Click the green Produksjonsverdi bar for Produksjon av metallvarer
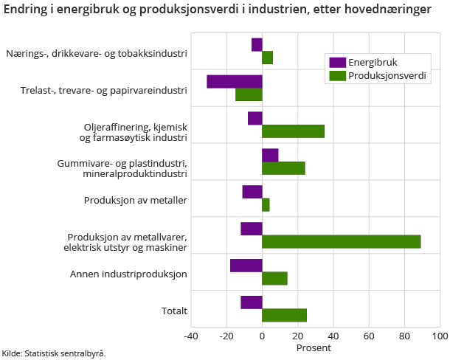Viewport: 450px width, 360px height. pyautogui.click(x=341, y=242)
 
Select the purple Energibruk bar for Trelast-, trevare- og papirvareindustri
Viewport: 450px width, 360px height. pyautogui.click(x=235, y=81)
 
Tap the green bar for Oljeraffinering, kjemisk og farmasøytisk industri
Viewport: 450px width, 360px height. pyautogui.click(x=293, y=131)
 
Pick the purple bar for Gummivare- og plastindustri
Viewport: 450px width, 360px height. pyautogui.click(x=270, y=155)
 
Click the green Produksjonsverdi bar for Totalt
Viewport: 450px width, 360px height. pyautogui.click(x=284, y=316)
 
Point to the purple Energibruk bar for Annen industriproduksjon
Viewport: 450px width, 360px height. pyautogui.click(x=246, y=266)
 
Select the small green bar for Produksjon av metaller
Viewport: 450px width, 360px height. pyautogui.click(x=266, y=205)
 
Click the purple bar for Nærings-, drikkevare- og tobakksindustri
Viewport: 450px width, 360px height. pyautogui.click(x=257, y=44)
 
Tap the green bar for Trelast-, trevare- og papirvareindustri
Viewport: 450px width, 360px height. pyautogui.click(x=249, y=94)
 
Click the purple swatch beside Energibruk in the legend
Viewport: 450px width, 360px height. pyautogui.click(x=337, y=62)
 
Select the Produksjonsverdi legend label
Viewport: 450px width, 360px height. pyautogui.click(x=388, y=75)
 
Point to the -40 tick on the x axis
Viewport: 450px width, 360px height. pyautogui.click(x=191, y=336)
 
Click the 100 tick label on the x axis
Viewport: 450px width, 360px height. pyautogui.click(x=440, y=336)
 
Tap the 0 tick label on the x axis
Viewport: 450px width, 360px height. pyautogui.click(x=262, y=336)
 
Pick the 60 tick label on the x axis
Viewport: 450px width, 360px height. pyautogui.click(x=368, y=336)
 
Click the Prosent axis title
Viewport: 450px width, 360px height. pyautogui.click(x=314, y=347)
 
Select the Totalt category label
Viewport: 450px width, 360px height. pyautogui.click(x=174, y=311)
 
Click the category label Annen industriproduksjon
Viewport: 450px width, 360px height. pyautogui.click(x=128, y=274)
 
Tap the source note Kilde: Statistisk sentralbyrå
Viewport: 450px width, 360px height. pyautogui.click(x=54, y=353)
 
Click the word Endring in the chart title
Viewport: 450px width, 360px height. pyautogui.click(x=26, y=10)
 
